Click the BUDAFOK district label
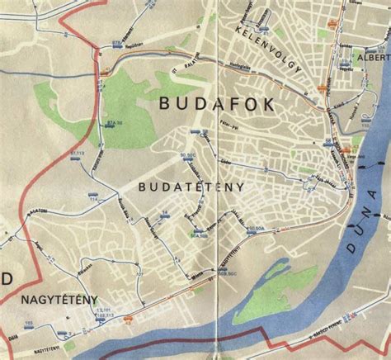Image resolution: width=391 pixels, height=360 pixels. tap(206, 104)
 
